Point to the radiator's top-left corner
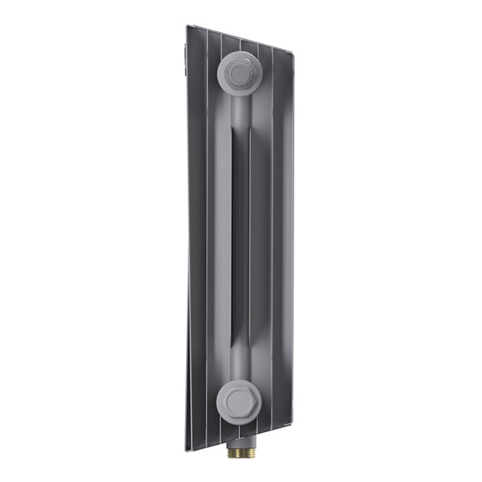[x=188, y=25]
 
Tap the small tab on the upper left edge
[x=185, y=58]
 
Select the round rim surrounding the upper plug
[x=223, y=74]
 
